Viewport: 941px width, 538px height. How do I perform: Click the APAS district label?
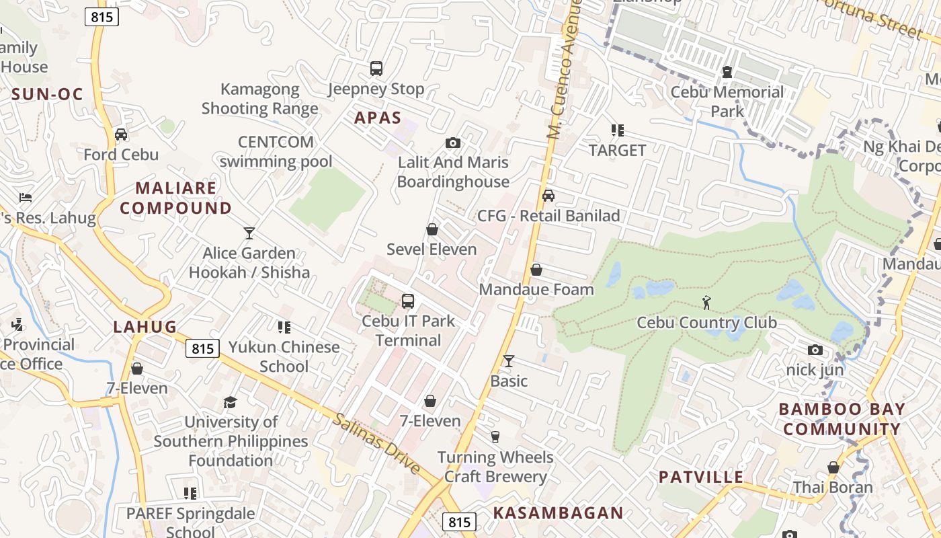click(378, 118)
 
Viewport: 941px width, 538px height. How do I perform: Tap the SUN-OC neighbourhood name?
click(47, 94)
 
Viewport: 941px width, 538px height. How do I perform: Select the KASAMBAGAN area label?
click(558, 513)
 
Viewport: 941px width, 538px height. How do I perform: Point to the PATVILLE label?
click(701, 477)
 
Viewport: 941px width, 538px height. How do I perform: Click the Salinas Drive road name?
click(376, 444)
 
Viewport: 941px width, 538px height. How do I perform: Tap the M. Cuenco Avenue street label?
click(563, 71)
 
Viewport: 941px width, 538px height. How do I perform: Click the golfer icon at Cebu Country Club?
click(706, 302)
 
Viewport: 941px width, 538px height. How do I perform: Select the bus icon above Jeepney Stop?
click(376, 68)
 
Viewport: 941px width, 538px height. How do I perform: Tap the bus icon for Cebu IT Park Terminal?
click(408, 301)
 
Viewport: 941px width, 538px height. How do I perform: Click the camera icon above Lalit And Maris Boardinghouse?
click(453, 143)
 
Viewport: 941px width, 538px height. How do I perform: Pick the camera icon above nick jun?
click(815, 350)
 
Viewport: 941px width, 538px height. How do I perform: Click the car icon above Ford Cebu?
click(121, 134)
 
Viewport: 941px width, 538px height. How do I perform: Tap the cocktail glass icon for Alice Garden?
click(249, 233)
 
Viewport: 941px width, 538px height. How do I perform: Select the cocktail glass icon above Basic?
click(509, 361)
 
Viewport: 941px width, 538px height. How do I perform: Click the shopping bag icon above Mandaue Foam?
click(536, 270)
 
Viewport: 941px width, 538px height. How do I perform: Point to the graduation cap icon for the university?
click(231, 402)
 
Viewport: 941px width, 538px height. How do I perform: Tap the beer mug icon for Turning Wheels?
click(495, 437)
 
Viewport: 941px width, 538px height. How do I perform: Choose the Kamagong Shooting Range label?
click(260, 99)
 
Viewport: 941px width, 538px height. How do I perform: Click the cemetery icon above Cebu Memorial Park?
click(727, 71)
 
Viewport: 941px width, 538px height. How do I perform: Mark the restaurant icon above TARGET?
click(617, 130)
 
